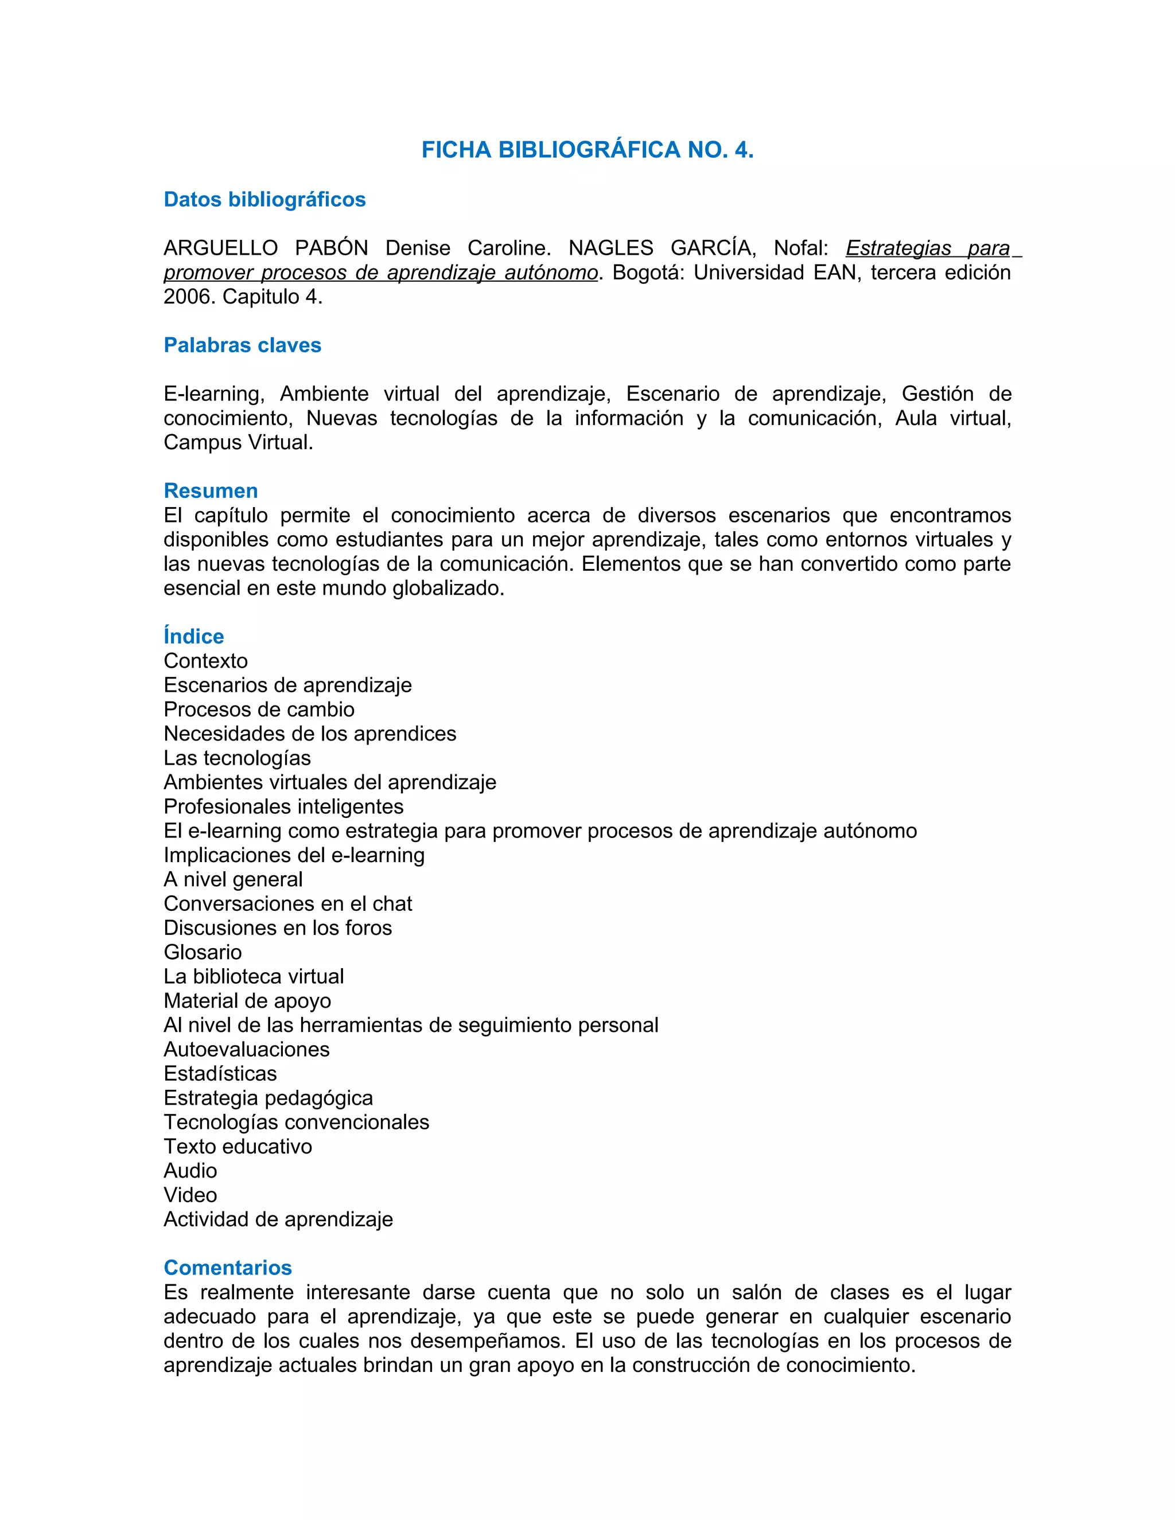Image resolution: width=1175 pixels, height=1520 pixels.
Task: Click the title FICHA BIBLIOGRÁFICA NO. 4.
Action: click(x=587, y=150)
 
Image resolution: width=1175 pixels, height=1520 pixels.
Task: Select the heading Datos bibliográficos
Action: click(x=264, y=200)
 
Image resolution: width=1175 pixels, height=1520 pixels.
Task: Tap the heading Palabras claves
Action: click(x=242, y=345)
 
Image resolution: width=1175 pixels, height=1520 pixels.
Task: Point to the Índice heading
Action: click(x=193, y=636)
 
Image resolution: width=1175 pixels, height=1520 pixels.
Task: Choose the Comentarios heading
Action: click(x=228, y=1268)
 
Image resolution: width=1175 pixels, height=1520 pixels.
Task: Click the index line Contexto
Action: click(x=205, y=660)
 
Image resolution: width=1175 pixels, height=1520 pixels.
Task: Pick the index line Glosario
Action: click(x=203, y=952)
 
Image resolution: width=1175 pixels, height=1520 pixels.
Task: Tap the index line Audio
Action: click(x=190, y=1171)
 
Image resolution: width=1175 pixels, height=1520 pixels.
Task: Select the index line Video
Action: click(x=190, y=1195)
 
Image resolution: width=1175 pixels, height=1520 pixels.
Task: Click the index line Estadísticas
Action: click(x=220, y=1073)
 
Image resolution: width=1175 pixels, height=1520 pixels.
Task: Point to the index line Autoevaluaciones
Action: click(x=246, y=1049)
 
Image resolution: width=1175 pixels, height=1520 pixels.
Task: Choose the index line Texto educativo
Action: click(x=238, y=1146)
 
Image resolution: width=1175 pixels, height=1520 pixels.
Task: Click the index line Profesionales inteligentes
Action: click(x=283, y=806)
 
